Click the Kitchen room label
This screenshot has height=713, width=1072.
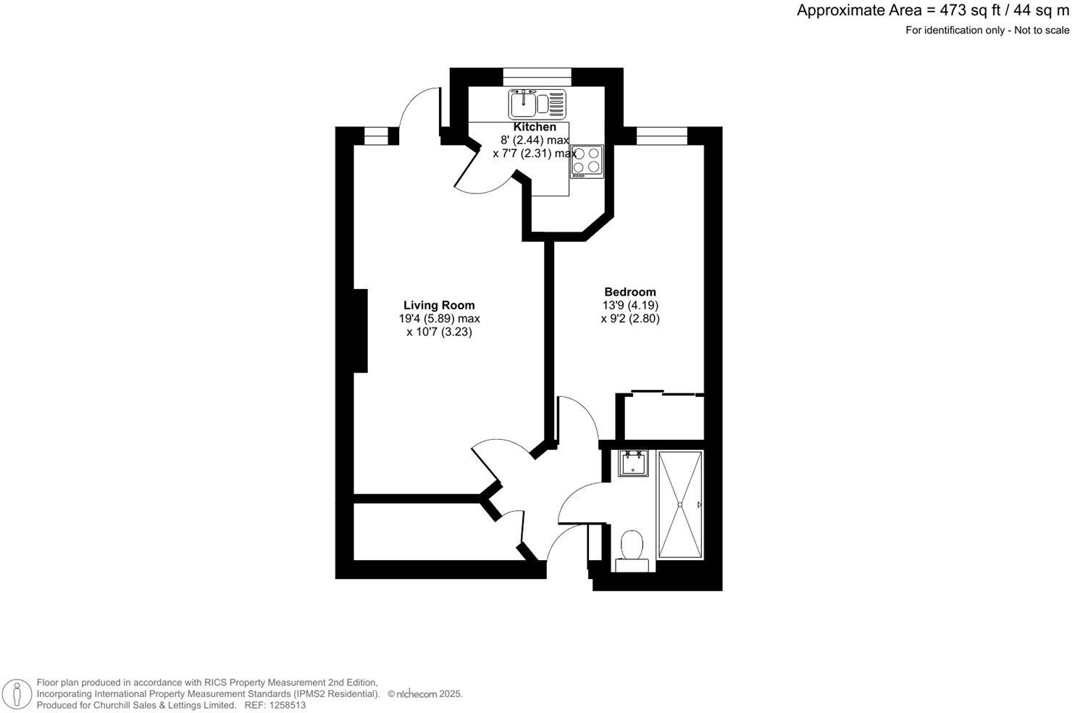pyautogui.click(x=535, y=127)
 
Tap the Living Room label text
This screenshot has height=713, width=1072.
pyautogui.click(x=439, y=305)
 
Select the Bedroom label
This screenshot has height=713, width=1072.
pyautogui.click(x=630, y=292)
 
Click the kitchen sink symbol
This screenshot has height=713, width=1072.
pyautogui.click(x=537, y=104)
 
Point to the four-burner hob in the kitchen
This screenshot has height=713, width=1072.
pyautogui.click(x=587, y=161)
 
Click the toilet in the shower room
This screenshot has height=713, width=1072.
pyautogui.click(x=632, y=549)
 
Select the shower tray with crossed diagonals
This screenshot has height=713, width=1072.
pyautogui.click(x=679, y=504)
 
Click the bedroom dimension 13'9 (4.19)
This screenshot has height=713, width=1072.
pyautogui.click(x=630, y=305)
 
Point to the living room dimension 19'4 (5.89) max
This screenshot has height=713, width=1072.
pyautogui.click(x=439, y=318)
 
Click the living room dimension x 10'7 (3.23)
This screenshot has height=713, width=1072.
pyautogui.click(x=439, y=332)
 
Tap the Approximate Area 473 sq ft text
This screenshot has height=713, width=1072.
pyautogui.click(x=932, y=11)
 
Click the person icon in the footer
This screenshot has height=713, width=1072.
pyautogui.click(x=17, y=694)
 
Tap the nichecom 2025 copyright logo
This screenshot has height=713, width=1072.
pyautogui.click(x=424, y=693)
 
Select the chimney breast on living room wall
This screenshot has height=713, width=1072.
pyautogui.click(x=360, y=331)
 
